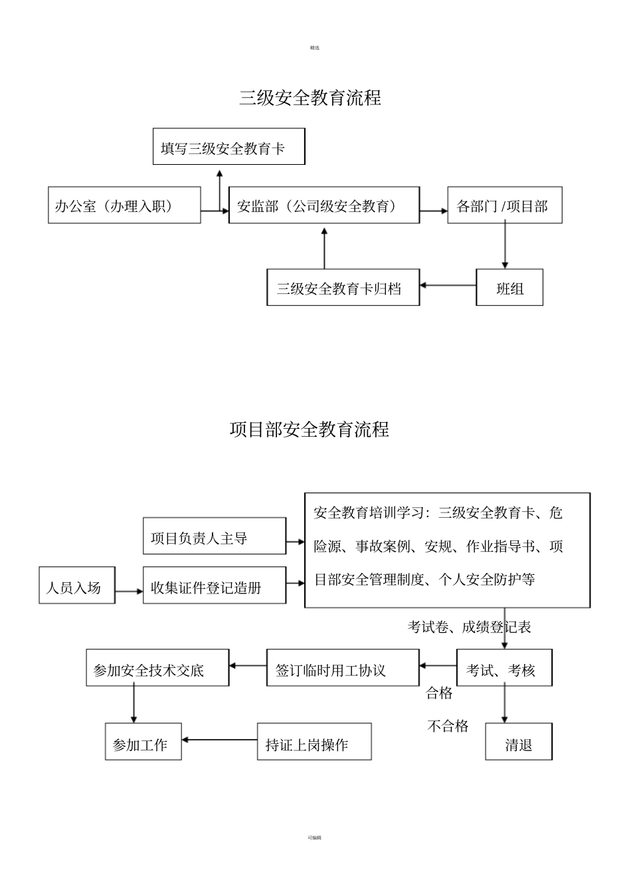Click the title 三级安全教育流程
[310, 98]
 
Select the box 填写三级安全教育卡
[228, 147]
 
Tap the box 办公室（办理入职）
[124, 205]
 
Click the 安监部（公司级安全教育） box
[324, 205]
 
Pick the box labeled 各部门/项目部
[505, 205]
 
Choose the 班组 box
[509, 288]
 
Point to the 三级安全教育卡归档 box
[343, 288]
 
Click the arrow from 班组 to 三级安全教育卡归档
[448, 286]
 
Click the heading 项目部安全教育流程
[310, 429]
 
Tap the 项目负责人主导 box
[215, 536]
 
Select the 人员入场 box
[77, 586]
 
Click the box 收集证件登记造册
[215, 586]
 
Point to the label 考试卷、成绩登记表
[469, 627]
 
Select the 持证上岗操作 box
[314, 742]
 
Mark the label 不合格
[448, 726]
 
